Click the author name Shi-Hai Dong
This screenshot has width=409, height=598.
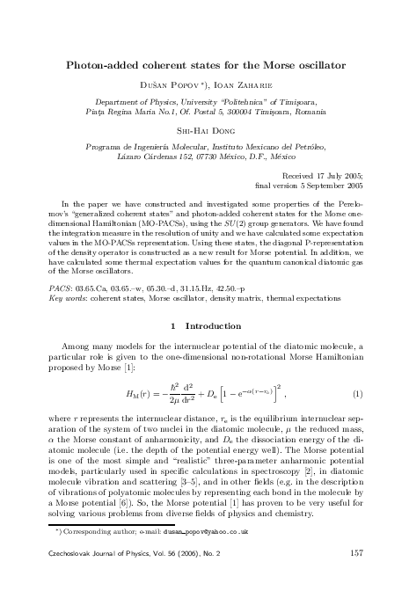tap(204, 128)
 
